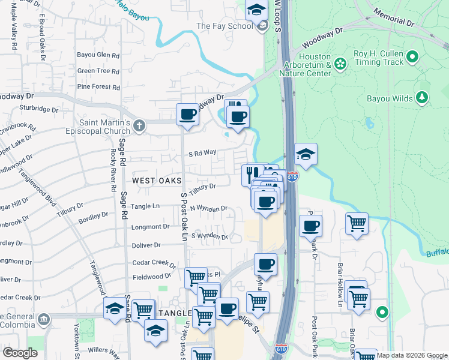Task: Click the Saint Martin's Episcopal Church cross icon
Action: (139, 126)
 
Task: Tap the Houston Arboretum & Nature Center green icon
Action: (340, 63)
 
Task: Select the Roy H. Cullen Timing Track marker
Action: (412, 57)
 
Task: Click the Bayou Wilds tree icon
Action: (422, 97)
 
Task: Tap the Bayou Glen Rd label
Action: (98, 55)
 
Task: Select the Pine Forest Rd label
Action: (98, 86)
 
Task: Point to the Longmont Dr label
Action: (150, 227)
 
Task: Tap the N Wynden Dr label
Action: (208, 209)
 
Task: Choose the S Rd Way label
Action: (201, 152)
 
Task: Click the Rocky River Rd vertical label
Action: (113, 170)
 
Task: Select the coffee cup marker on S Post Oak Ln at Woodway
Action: (187, 114)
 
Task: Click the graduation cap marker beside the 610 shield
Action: (306, 155)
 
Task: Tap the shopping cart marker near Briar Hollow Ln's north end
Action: (357, 224)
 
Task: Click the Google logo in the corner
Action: (20, 353)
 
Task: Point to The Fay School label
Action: (224, 26)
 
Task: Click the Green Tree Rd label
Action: (98, 71)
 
